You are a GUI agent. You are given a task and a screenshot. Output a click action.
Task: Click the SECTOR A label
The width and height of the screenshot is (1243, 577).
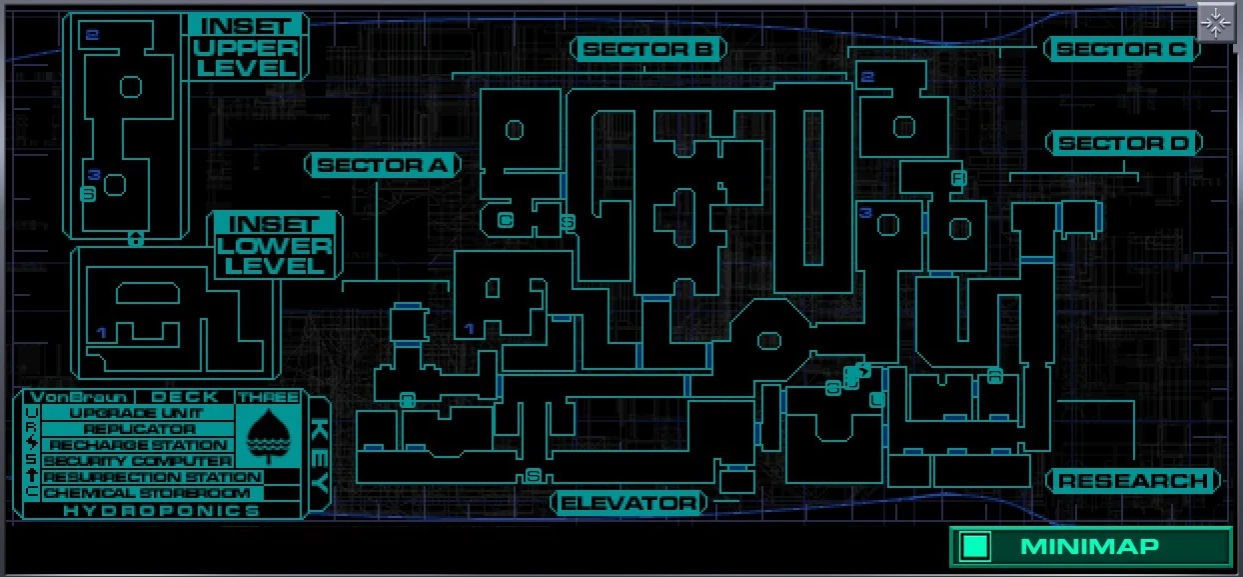[383, 165]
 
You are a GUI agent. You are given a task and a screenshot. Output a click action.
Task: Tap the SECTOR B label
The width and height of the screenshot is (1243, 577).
[647, 49]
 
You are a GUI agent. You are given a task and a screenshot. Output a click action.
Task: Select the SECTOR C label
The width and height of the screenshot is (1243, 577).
[1121, 49]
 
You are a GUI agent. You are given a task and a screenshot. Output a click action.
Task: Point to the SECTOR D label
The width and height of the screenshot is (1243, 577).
[1123, 144]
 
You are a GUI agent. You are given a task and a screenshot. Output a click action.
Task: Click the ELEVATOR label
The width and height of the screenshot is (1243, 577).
[628, 502]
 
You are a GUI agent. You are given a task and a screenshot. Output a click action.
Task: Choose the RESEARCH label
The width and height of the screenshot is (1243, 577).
[1132, 481]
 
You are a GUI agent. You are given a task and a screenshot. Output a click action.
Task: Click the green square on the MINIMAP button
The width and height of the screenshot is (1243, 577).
[975, 546]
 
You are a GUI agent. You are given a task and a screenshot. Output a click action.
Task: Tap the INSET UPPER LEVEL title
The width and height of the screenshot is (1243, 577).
[246, 47]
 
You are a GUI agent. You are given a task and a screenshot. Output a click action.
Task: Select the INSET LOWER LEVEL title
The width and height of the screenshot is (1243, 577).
[275, 245]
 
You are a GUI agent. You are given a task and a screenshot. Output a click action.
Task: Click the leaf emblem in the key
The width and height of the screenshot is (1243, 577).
[267, 434]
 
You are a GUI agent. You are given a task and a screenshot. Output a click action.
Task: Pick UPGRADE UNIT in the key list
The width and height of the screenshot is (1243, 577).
[137, 413]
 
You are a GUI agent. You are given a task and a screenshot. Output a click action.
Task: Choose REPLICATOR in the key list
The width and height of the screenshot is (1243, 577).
[138, 429]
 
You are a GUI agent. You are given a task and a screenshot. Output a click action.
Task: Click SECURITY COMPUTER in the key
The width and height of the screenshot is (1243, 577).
[137, 461]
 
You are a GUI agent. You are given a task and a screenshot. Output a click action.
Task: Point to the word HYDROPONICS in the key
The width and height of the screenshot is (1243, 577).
[161, 510]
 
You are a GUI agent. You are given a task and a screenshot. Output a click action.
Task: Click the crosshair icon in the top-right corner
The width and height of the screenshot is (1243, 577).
[1216, 21]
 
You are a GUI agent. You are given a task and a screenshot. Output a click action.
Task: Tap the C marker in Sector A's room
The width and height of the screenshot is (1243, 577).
[505, 220]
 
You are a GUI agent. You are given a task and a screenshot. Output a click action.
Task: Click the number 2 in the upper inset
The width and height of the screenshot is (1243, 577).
[93, 36]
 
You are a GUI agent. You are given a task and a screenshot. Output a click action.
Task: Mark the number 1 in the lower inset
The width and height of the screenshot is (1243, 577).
[100, 331]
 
